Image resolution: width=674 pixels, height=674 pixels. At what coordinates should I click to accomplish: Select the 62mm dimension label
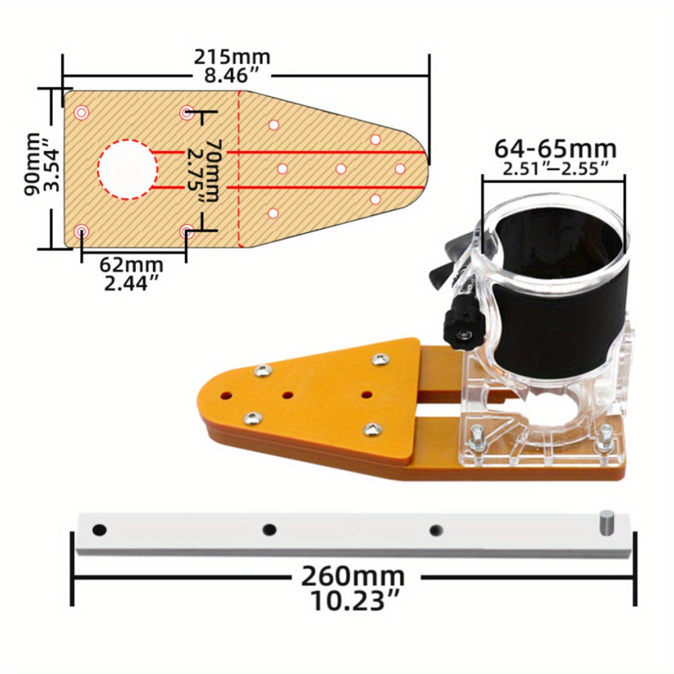[133, 265]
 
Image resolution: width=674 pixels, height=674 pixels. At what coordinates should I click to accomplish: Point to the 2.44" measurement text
[133, 283]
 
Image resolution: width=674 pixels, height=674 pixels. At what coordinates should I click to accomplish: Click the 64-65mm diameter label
[555, 148]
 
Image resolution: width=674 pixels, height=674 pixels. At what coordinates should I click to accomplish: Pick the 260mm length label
[353, 577]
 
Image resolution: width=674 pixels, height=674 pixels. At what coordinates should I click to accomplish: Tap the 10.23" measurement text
[353, 599]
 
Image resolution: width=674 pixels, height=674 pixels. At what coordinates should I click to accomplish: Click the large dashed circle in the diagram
[126, 168]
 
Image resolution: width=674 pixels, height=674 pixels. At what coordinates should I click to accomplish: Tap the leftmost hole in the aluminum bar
[99, 530]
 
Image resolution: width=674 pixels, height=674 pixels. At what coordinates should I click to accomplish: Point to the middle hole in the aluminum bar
[270, 530]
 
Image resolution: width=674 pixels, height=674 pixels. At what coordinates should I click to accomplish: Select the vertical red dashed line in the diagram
[239, 168]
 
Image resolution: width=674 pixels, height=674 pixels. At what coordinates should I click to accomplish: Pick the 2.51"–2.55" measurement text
[555, 168]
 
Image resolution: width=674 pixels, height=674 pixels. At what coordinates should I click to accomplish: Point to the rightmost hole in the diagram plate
[400, 168]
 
